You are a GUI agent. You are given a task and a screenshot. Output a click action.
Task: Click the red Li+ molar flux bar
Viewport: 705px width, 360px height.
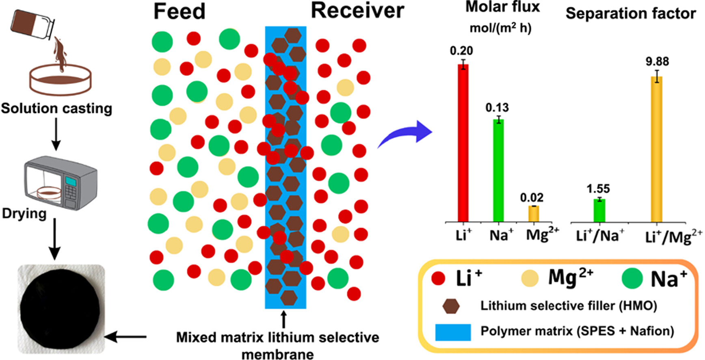(463, 142)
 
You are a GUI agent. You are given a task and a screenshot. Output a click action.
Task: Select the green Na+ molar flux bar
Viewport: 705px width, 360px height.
(498, 171)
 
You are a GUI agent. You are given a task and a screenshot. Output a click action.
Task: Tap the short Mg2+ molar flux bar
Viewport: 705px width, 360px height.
(534, 214)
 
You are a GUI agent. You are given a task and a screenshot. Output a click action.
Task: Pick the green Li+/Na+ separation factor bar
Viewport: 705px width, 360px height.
(599, 210)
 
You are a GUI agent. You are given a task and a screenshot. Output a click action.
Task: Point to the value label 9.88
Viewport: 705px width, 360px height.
(657, 61)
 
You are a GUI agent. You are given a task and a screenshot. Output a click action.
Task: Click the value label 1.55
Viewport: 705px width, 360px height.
(598, 189)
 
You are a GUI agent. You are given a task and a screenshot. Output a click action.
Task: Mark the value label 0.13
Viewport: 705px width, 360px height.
(497, 108)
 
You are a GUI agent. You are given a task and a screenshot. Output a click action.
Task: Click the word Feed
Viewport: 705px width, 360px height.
(179, 12)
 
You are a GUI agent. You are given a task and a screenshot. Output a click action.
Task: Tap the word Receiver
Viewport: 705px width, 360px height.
(357, 11)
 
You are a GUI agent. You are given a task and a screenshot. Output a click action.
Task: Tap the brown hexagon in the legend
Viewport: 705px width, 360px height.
(451, 306)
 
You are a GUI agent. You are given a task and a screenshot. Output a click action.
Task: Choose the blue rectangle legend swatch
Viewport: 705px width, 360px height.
(453, 332)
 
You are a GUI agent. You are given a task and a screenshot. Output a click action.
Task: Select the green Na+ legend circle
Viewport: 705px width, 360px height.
(632, 279)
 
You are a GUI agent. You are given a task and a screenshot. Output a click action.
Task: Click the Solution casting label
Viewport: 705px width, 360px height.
(56, 108)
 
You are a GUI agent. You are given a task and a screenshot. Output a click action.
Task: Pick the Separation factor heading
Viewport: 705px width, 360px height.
(630, 14)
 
